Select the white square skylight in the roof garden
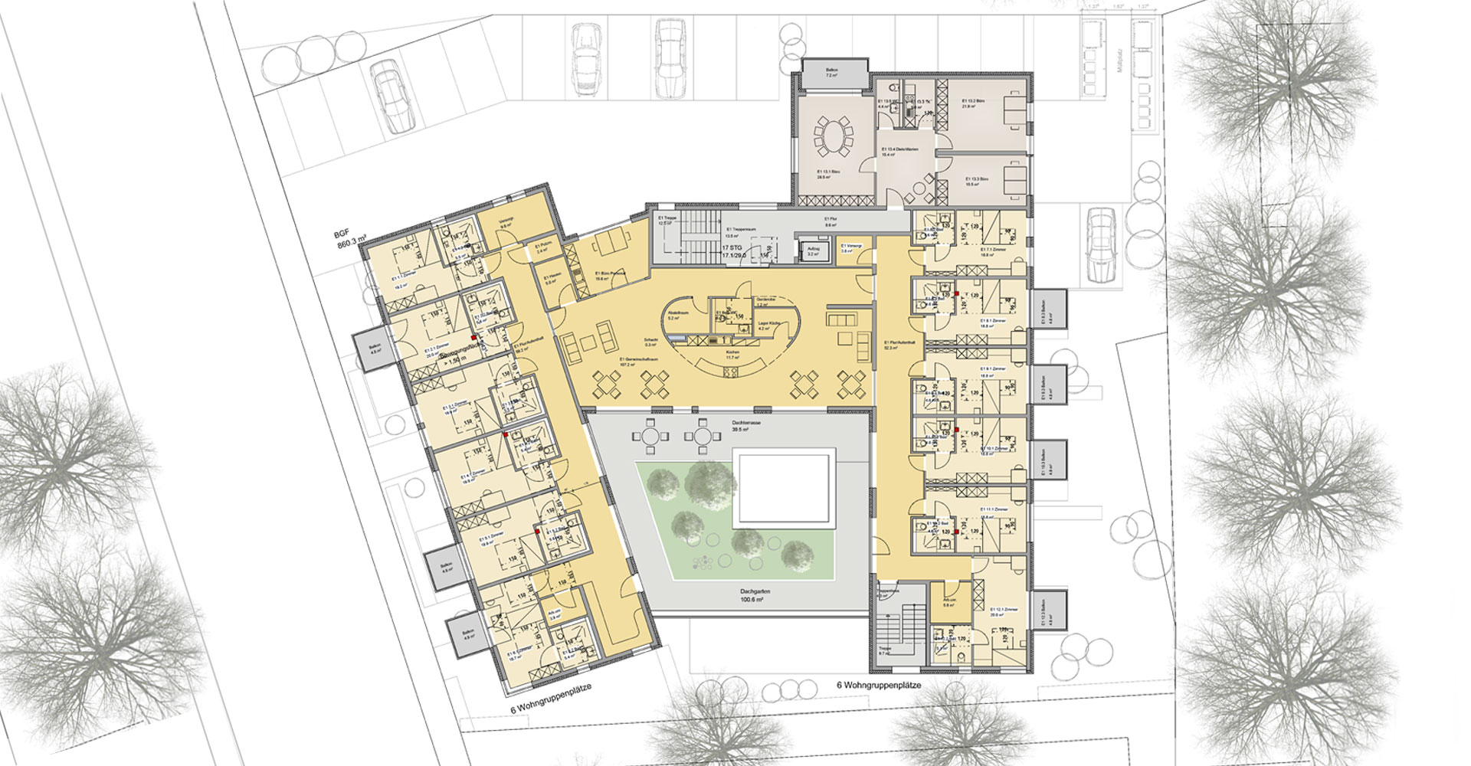pyautogui.click(x=782, y=487)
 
